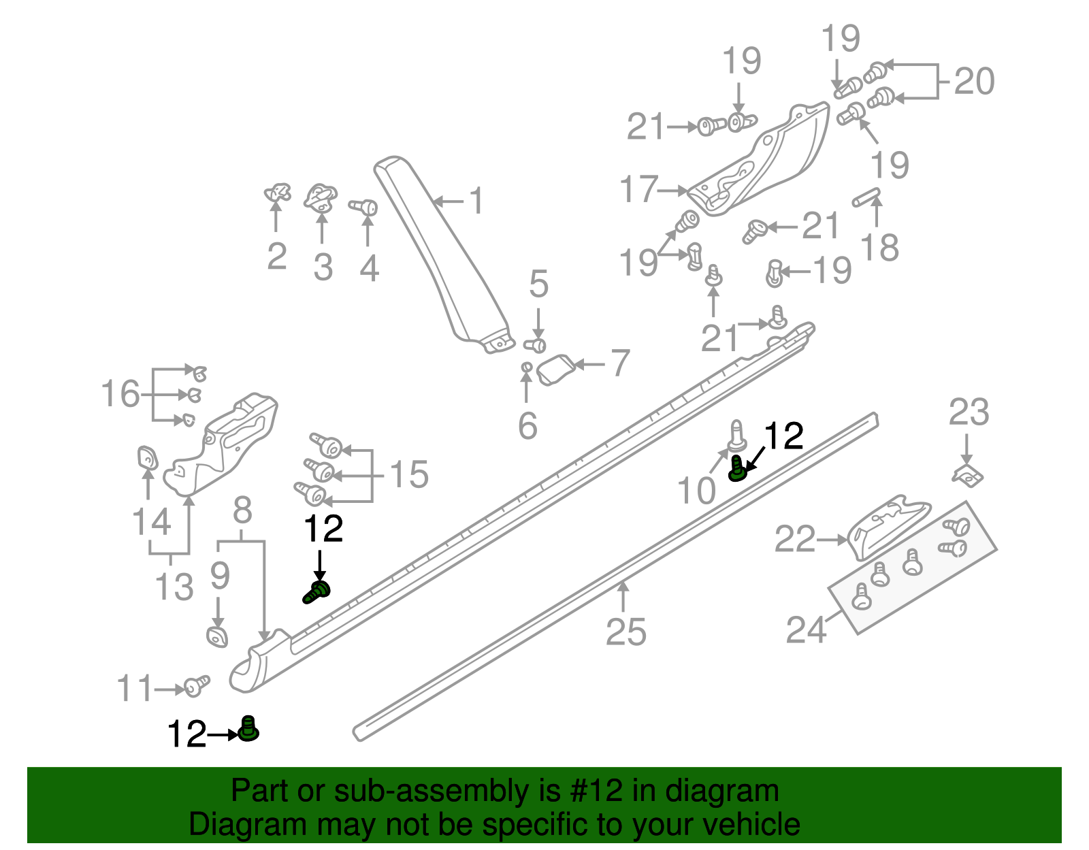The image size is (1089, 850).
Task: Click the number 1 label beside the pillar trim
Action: [x=477, y=201]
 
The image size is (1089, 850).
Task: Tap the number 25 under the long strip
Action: [x=625, y=632]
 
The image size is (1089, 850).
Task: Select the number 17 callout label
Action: [x=639, y=190]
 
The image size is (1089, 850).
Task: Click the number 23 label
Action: [x=969, y=413]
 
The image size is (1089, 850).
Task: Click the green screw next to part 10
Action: [x=736, y=469]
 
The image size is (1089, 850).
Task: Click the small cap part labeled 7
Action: [x=556, y=369]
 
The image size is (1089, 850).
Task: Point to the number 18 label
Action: [x=879, y=248]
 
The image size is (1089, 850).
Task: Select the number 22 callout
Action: [x=794, y=540]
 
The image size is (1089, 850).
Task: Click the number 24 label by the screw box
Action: [x=806, y=630]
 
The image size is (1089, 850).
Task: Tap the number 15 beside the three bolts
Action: [x=409, y=474]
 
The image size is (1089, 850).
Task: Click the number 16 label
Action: [x=120, y=394]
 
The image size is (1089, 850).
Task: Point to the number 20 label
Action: [x=974, y=82]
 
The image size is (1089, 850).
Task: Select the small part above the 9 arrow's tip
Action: [x=217, y=638]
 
